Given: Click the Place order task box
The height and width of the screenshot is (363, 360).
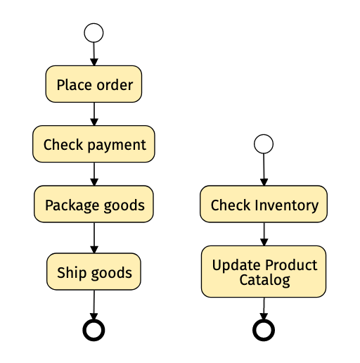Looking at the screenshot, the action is point(94,84).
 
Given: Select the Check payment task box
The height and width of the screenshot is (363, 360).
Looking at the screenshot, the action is point(94,144).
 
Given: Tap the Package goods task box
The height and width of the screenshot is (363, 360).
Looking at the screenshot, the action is point(94,204).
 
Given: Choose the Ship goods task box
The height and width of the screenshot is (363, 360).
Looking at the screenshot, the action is point(94,272).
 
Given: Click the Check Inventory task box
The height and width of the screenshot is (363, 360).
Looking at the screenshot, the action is point(264,204).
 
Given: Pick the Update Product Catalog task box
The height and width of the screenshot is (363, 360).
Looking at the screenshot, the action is point(264,272).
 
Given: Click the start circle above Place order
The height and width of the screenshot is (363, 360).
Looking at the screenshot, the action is point(94,33).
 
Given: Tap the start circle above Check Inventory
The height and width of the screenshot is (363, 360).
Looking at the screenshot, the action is point(264,144).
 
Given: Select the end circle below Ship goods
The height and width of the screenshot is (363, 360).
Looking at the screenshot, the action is point(94,330).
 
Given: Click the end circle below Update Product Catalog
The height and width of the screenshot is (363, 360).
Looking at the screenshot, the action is point(264,330).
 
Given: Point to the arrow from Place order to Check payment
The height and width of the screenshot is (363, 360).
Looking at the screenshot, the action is point(94,114).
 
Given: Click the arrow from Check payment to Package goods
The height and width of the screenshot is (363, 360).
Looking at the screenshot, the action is point(94,174).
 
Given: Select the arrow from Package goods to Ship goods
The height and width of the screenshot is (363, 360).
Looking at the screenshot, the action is point(94,238).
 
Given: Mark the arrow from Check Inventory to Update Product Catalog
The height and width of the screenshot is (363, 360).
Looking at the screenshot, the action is point(264,234).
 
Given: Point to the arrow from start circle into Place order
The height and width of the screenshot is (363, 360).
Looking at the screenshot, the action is point(94,54).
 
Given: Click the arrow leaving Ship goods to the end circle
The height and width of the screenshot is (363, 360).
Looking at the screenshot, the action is point(94,305).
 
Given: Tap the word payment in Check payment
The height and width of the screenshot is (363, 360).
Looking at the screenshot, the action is point(117,146).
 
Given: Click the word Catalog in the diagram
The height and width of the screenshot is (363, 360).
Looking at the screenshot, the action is point(264,281).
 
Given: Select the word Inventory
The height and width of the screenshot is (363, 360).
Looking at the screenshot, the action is point(286,206).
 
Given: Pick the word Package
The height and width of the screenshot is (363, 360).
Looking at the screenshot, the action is point(72,206).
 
